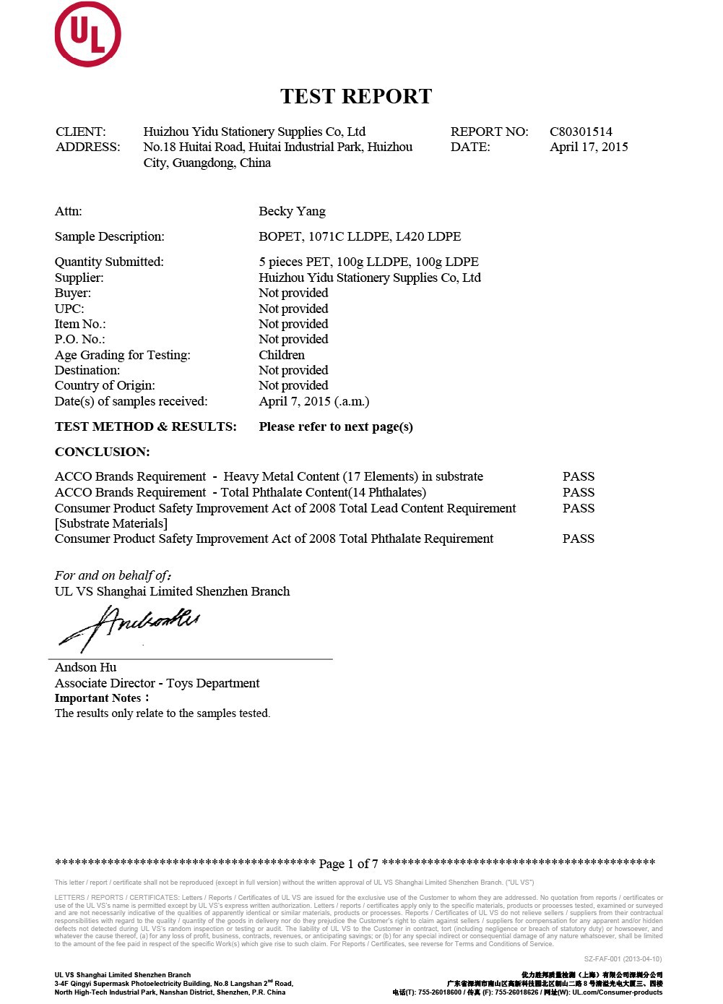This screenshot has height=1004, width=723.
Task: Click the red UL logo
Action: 87,35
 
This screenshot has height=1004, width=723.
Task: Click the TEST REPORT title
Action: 356,96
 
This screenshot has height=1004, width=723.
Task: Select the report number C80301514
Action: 581,132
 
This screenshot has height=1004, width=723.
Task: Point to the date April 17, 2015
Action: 589,147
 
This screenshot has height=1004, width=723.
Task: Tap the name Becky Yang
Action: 292,211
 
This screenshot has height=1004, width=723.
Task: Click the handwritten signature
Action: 130,626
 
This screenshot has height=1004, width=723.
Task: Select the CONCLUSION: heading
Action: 103,452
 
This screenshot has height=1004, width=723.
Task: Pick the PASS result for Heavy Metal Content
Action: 579,476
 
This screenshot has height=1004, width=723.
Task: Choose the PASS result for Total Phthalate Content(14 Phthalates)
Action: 579,492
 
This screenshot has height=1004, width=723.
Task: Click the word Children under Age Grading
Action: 282,355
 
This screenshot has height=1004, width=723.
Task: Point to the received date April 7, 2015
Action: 313,401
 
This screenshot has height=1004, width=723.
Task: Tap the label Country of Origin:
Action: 105,385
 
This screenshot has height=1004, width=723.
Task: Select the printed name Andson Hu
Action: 85,667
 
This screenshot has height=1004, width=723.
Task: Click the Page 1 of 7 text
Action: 348,864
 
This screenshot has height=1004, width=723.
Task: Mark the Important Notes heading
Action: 101,698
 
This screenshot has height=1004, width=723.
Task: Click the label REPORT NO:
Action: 489,132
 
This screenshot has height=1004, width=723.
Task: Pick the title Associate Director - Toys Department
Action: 157,683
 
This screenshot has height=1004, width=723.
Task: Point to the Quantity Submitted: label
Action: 109,262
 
